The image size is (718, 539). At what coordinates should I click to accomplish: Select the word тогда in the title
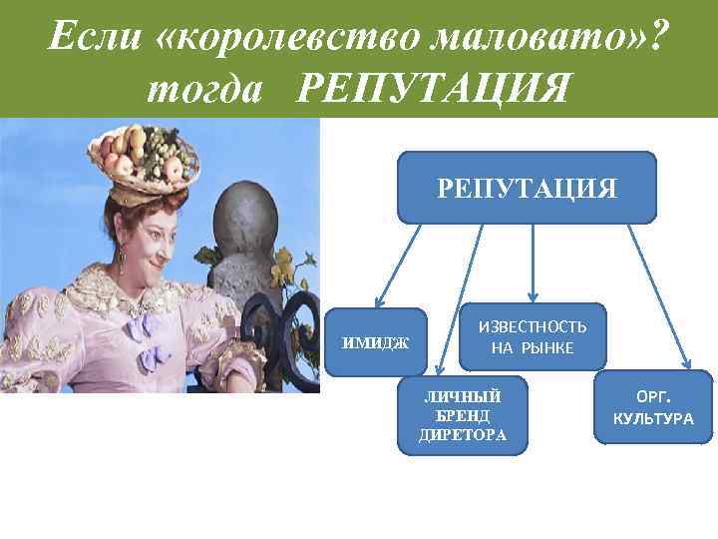point(203,90)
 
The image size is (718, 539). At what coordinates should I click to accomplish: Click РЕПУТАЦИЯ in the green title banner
point(434,90)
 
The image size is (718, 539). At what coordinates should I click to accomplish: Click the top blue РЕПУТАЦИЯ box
point(527,187)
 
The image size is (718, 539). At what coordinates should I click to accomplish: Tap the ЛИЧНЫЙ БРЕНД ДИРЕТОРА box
point(462,414)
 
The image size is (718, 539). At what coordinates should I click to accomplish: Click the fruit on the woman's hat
point(145,155)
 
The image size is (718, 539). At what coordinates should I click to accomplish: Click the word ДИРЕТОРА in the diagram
point(462,435)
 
